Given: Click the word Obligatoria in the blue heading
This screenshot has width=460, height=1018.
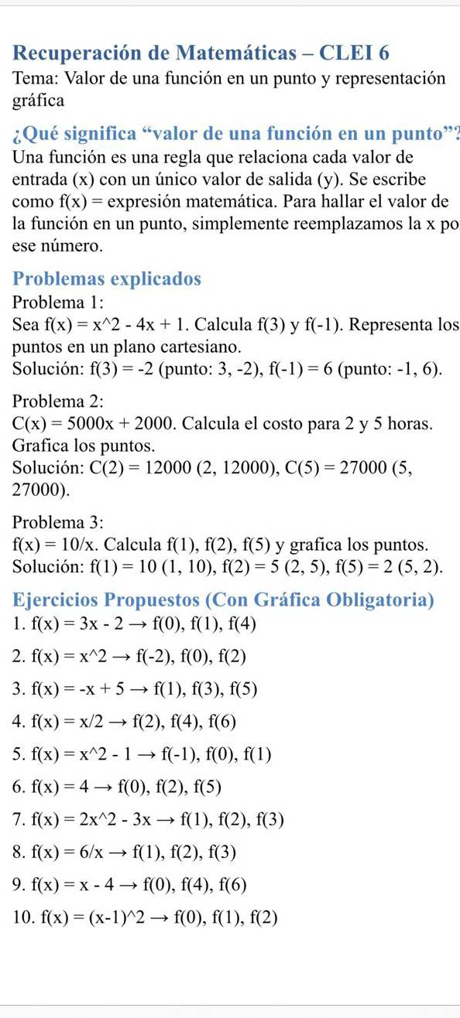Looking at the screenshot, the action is coord(380,600).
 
